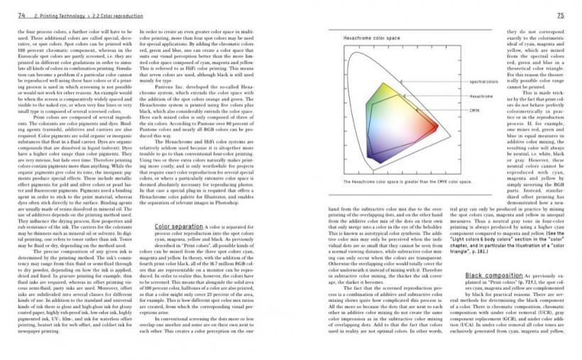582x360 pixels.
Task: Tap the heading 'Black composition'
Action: [x=489, y=274]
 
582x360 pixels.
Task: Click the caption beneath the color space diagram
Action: [x=397, y=182]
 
